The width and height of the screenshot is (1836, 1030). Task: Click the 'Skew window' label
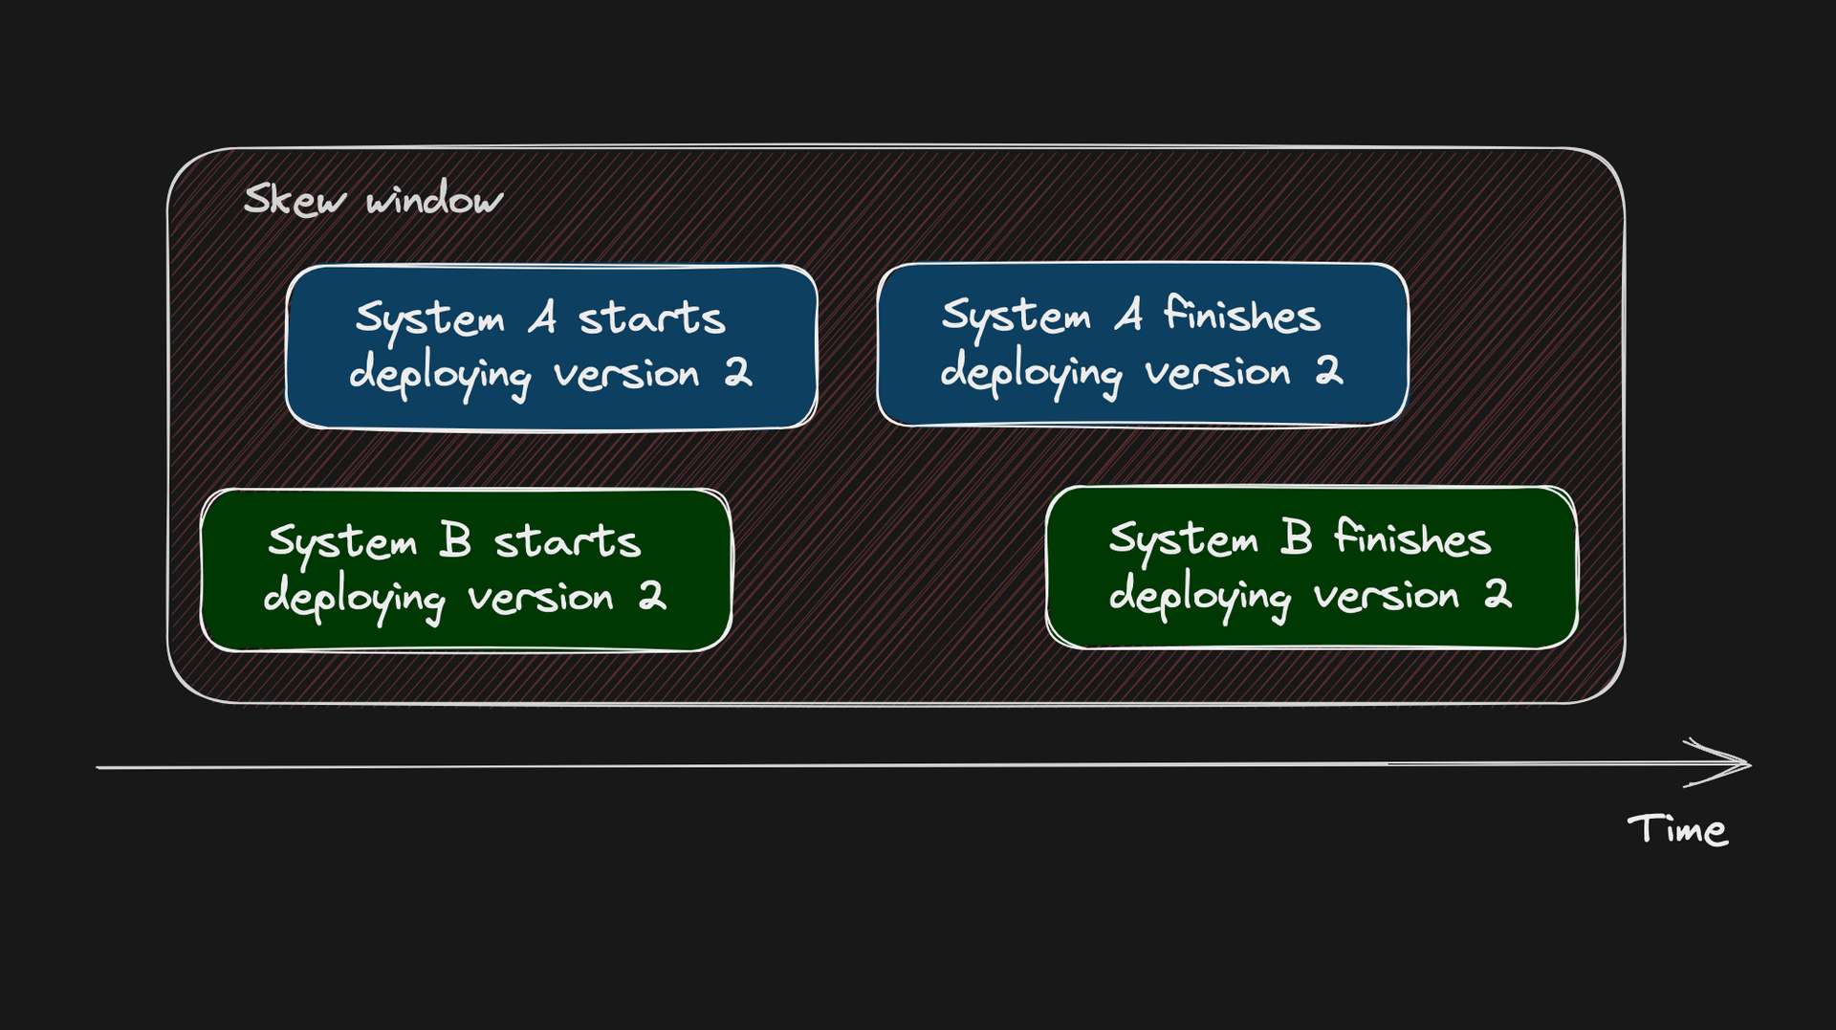[x=373, y=200]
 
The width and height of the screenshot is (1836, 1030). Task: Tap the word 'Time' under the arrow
[x=1677, y=829]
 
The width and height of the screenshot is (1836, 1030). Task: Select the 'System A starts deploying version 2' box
[x=552, y=347]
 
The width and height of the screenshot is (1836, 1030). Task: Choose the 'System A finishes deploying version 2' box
[x=1143, y=344]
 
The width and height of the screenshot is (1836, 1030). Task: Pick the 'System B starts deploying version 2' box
[x=466, y=570]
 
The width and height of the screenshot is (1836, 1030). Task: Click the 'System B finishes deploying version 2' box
[x=1311, y=567]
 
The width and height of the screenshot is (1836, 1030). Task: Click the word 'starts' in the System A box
[x=652, y=318]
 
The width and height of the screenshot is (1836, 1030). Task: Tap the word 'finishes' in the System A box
[x=1242, y=315]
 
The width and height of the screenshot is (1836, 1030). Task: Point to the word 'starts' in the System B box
[x=567, y=541]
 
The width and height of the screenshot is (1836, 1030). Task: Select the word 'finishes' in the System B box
[x=1412, y=537]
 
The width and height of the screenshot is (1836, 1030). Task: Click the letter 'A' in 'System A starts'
[x=543, y=318]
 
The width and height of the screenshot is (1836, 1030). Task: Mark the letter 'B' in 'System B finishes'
[x=1296, y=537]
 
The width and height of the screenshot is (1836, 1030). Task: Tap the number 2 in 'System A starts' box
[x=738, y=371]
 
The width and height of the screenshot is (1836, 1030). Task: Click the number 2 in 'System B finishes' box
[x=1497, y=593]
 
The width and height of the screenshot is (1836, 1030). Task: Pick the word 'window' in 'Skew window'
[x=434, y=200]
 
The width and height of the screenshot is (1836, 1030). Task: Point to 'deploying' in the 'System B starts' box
[x=354, y=600]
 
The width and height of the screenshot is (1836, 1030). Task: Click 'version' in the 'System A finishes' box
[x=1218, y=372]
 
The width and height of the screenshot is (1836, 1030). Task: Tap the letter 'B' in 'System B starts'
[x=456, y=540]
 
